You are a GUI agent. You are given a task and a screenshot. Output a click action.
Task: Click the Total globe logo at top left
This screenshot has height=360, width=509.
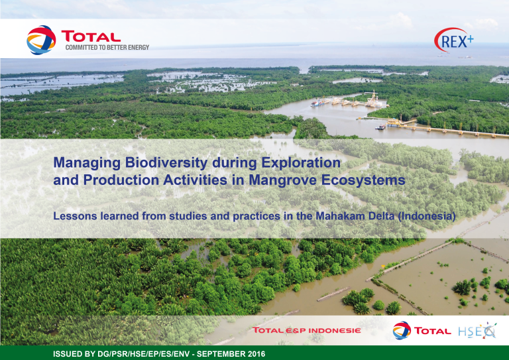(x=41, y=40)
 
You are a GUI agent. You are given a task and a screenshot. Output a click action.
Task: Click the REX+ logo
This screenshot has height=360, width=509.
(x=454, y=40)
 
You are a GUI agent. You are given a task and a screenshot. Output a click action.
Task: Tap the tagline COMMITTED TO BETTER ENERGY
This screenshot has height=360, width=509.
(x=107, y=47)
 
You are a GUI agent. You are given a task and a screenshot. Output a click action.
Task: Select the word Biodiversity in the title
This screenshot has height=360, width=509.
(x=168, y=163)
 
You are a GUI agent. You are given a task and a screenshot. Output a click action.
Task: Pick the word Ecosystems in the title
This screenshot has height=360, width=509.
(x=363, y=180)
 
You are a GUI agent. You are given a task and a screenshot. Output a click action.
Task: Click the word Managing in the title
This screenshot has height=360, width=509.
(x=87, y=163)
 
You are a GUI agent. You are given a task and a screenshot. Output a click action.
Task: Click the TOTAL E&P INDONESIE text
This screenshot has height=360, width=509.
(x=306, y=330)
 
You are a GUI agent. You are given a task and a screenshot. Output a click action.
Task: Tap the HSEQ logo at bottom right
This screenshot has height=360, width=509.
(x=477, y=330)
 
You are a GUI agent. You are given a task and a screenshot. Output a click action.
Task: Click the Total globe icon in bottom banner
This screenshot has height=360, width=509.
(x=402, y=330)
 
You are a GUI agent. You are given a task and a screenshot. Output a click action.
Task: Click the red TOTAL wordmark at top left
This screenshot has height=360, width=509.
(x=91, y=36)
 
